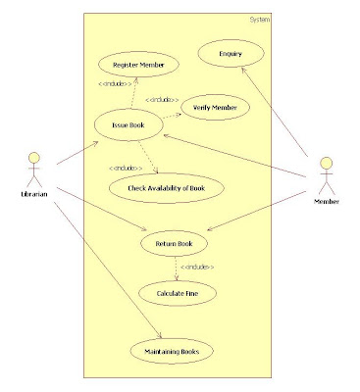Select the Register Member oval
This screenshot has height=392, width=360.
(138, 65)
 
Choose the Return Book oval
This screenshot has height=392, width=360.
(175, 243)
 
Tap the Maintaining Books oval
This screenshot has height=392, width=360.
(173, 350)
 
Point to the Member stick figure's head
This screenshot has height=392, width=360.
(326, 162)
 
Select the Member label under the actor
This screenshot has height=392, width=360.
(326, 201)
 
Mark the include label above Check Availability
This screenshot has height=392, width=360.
(127, 166)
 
